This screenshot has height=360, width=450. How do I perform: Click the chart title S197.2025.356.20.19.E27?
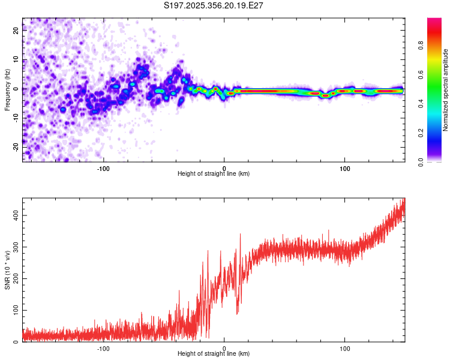click(x=214, y=5)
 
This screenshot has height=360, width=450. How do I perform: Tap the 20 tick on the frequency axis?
click(x=16, y=32)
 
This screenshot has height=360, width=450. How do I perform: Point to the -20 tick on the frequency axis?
click(x=16, y=146)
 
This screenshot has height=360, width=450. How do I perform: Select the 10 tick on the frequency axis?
click(x=16, y=60)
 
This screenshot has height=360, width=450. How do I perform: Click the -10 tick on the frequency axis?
click(x=16, y=118)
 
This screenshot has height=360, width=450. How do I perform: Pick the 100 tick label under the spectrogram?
click(x=345, y=168)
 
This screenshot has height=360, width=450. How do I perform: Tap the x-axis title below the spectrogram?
click(x=214, y=174)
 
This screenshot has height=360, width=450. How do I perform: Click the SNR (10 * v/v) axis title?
click(x=7, y=270)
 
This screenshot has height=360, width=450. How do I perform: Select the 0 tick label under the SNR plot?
click(x=224, y=348)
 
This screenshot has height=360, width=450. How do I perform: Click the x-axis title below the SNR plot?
click(x=214, y=354)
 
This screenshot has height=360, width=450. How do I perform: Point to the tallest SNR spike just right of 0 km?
click(x=241, y=235)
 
